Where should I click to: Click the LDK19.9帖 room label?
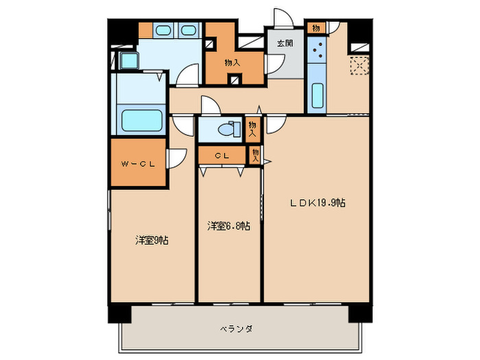click(317, 203)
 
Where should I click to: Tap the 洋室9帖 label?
click(152, 240)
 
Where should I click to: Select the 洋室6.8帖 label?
click(228, 225)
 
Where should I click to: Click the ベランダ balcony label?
click(237, 328)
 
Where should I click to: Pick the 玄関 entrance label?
click(284, 43)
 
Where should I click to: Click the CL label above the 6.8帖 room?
click(221, 156)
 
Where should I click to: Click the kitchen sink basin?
click(317, 95)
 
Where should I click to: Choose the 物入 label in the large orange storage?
click(232, 62)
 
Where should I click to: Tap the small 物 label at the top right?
click(315, 28)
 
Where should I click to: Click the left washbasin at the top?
click(164, 30)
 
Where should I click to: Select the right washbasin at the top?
click(188, 30)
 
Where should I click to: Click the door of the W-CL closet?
click(174, 158)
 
